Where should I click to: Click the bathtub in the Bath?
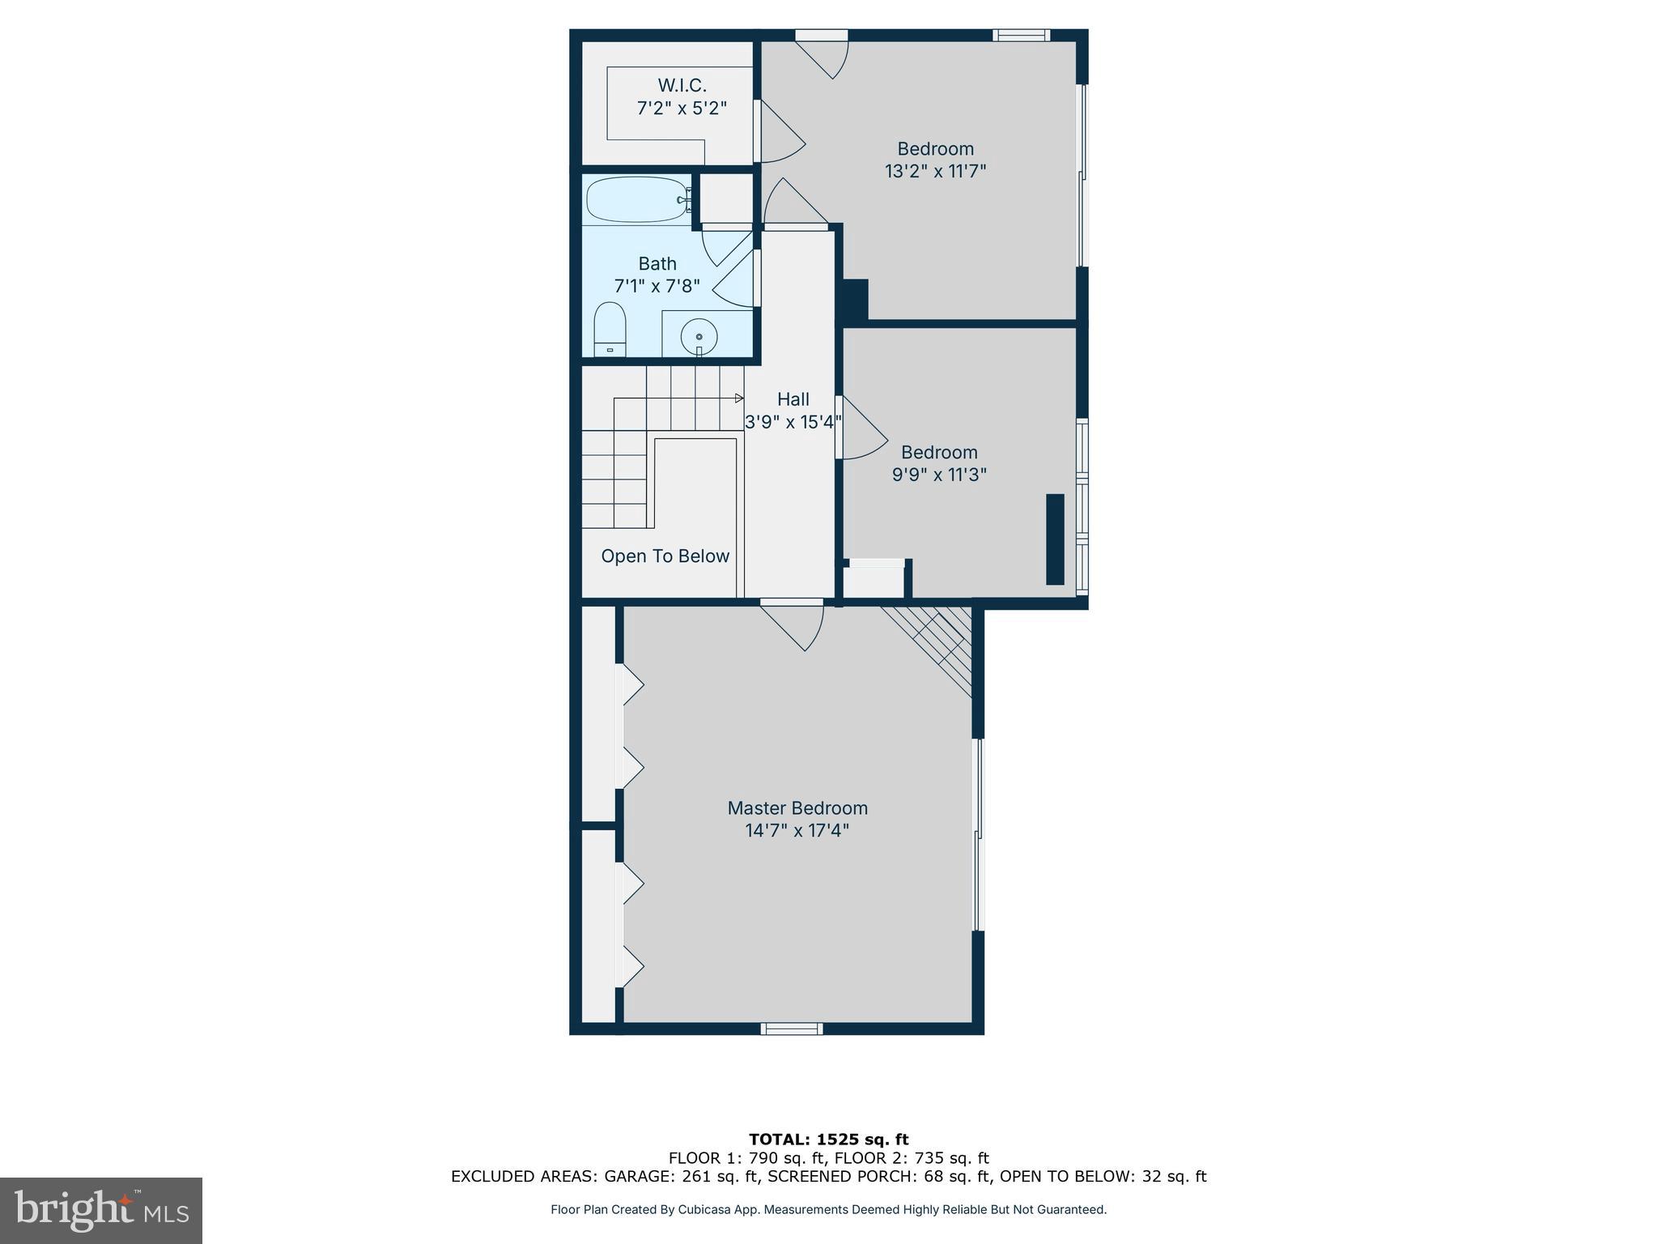637,200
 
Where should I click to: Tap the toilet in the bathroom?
610,330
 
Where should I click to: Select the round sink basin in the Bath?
699,335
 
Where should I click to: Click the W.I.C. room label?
682,85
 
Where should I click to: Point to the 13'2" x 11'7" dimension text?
935,172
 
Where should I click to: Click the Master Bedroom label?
797,808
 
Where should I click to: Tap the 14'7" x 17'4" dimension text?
797,831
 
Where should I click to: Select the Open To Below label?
665,556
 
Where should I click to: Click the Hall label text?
793,399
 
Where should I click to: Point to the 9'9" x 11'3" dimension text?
938,475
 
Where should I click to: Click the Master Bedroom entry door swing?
797,625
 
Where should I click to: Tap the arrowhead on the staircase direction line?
739,398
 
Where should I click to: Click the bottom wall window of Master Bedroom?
791,1029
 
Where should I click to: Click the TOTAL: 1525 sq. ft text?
828,1140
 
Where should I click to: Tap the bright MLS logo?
101,1210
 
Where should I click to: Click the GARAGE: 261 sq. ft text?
680,1177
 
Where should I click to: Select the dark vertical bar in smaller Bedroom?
1054,539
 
